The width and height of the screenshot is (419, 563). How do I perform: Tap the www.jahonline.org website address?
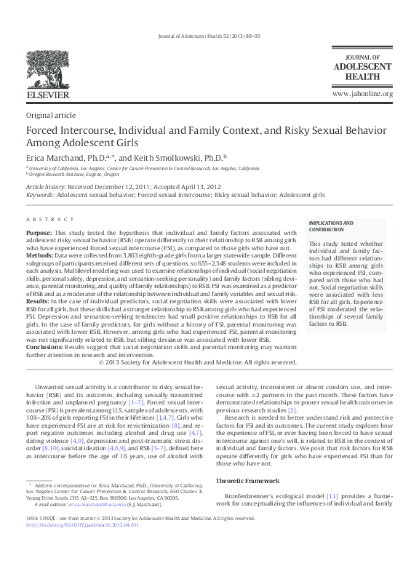click(362, 95)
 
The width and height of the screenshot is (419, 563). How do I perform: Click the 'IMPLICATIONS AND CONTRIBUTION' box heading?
click(331, 225)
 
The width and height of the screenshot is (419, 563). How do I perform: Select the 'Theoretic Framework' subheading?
click(250, 481)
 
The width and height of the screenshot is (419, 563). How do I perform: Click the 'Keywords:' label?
click(40, 196)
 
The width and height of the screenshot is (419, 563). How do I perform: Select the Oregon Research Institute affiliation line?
click(73, 175)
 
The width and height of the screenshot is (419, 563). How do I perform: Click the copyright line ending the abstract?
click(196, 362)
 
